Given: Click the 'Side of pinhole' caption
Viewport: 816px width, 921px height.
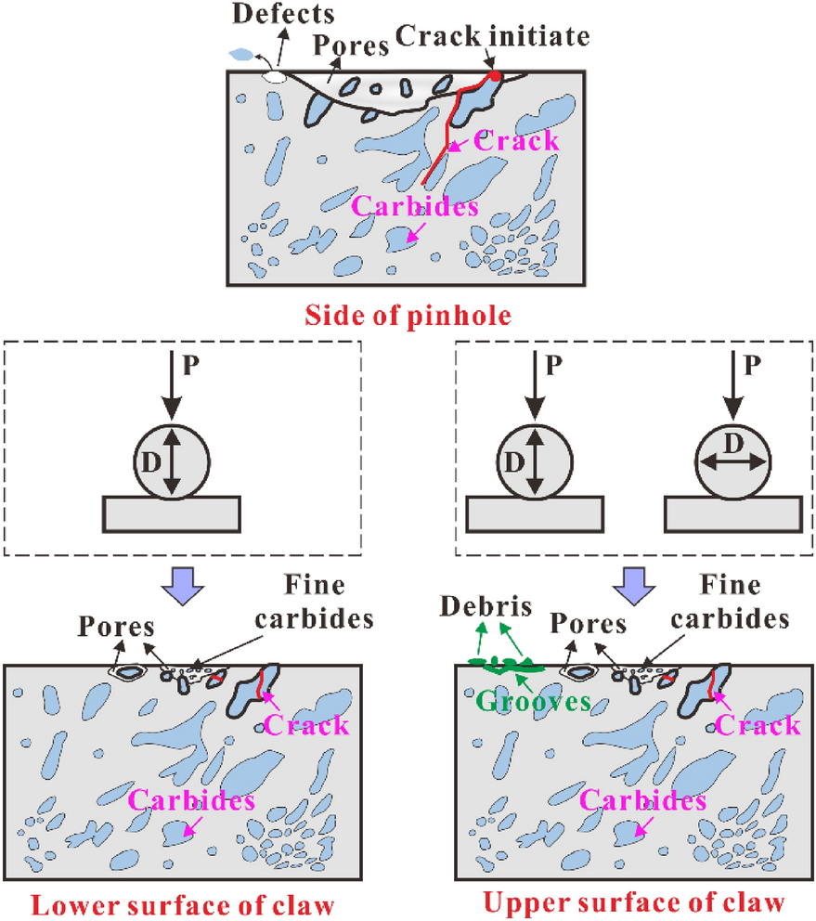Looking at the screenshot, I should [x=408, y=316].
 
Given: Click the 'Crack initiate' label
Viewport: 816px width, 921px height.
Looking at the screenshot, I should [x=493, y=38].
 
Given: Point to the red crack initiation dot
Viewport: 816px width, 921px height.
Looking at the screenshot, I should [x=495, y=76].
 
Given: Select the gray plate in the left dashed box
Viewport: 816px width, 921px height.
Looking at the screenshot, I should [x=173, y=512].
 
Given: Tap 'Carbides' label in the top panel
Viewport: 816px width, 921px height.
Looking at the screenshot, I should [x=415, y=206].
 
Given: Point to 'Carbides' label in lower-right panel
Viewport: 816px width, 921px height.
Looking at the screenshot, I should [x=642, y=799].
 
